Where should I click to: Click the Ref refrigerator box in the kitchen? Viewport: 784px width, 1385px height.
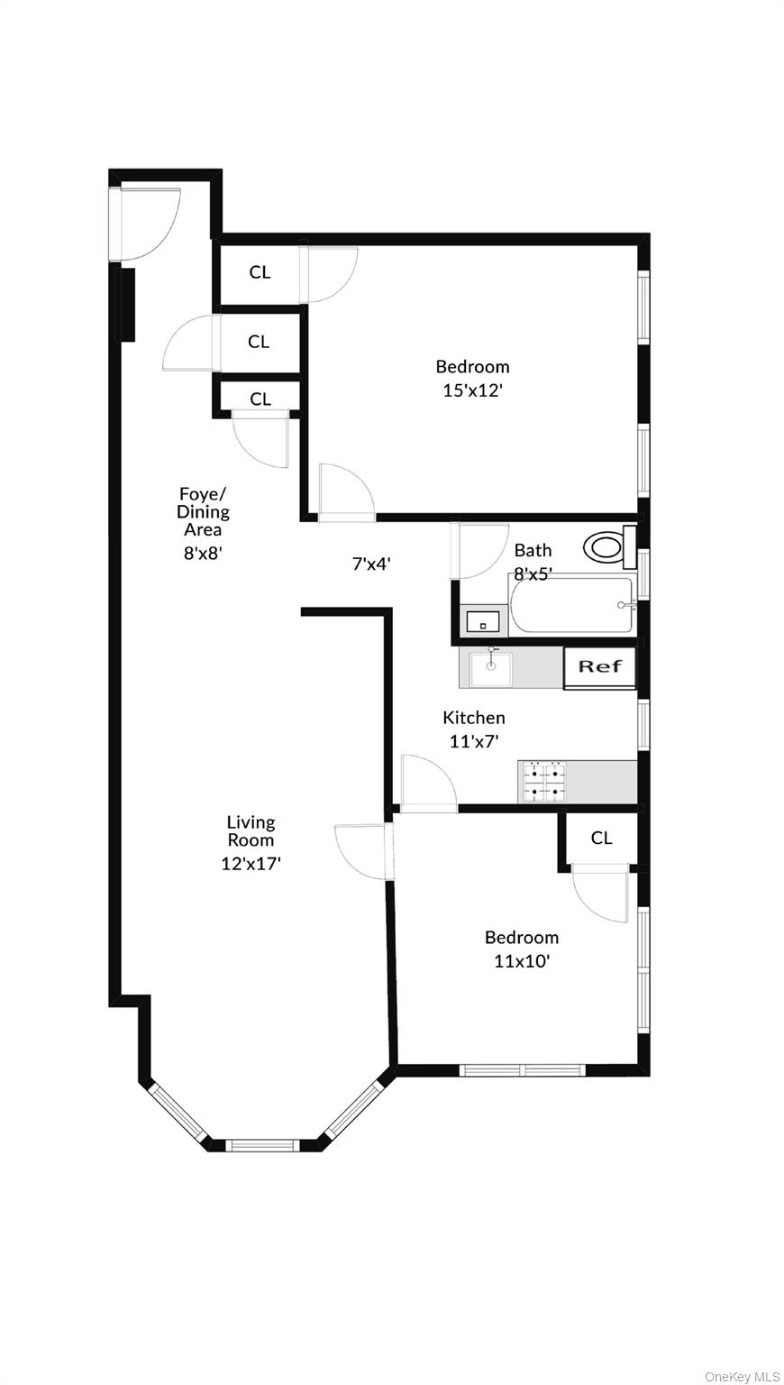(x=599, y=667)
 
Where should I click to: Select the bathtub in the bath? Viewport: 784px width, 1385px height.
(x=571, y=605)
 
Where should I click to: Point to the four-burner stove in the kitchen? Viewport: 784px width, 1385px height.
(x=543, y=782)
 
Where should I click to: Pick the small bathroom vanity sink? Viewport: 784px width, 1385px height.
(x=484, y=621)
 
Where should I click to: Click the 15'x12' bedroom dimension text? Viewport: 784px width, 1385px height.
(x=472, y=390)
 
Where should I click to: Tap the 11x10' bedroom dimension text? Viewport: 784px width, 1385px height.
(x=522, y=961)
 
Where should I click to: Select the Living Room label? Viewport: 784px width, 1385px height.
(x=251, y=830)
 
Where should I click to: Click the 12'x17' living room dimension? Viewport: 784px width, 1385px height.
(x=251, y=863)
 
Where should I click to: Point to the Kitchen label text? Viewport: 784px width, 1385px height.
(x=473, y=718)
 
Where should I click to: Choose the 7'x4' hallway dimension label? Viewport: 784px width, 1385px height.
(x=370, y=564)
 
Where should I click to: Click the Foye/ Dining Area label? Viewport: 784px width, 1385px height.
(x=204, y=511)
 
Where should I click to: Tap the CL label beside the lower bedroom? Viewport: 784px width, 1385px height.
(x=601, y=838)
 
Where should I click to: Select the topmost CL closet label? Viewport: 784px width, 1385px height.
(x=260, y=271)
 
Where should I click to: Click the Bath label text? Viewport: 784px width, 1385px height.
(x=533, y=550)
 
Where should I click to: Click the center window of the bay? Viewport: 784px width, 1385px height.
(x=260, y=1145)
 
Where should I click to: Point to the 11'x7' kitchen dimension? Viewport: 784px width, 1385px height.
(x=474, y=741)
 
